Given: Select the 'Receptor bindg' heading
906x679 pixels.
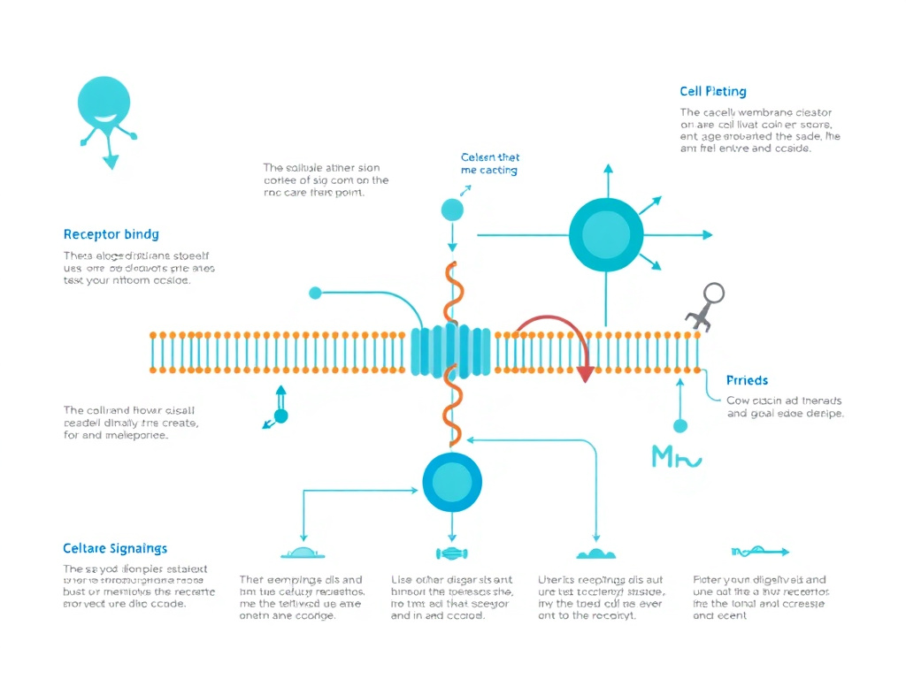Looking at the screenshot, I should click(111, 234).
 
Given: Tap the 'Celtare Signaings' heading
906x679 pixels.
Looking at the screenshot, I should click(115, 549).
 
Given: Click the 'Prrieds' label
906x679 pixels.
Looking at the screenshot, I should click(747, 380).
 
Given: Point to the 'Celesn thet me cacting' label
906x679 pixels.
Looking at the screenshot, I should click(489, 164).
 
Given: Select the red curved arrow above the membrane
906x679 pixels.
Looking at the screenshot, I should click(554, 332).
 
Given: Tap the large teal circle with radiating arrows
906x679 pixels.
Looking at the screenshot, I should click(606, 234).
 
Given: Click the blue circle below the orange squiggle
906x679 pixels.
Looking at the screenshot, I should click(452, 482).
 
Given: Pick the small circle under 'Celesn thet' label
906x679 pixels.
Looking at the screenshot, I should click(452, 210).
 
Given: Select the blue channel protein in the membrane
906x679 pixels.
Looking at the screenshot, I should click(451, 352).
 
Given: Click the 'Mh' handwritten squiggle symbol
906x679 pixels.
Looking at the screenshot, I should click(675, 457).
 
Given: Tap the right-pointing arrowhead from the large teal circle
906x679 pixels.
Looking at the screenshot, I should click(707, 235).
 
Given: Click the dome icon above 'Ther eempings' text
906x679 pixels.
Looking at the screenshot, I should click(303, 553).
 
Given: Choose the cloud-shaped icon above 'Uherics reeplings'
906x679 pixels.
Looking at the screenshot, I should click(596, 553).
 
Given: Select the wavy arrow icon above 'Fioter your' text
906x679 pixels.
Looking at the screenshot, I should click(759, 553).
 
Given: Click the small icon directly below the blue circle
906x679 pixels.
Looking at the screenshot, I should click(452, 553).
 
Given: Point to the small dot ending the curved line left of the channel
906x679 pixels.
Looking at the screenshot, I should click(315, 293).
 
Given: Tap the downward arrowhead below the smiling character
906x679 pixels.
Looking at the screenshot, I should click(111, 161).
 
